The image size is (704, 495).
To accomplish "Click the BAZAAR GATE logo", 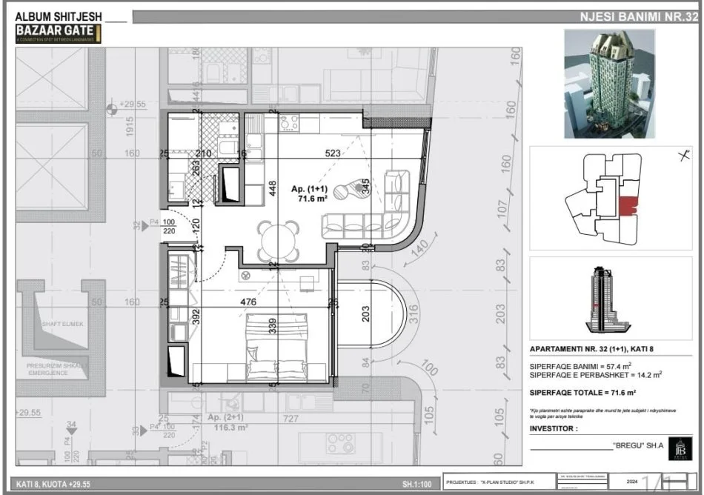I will point(56,32).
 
